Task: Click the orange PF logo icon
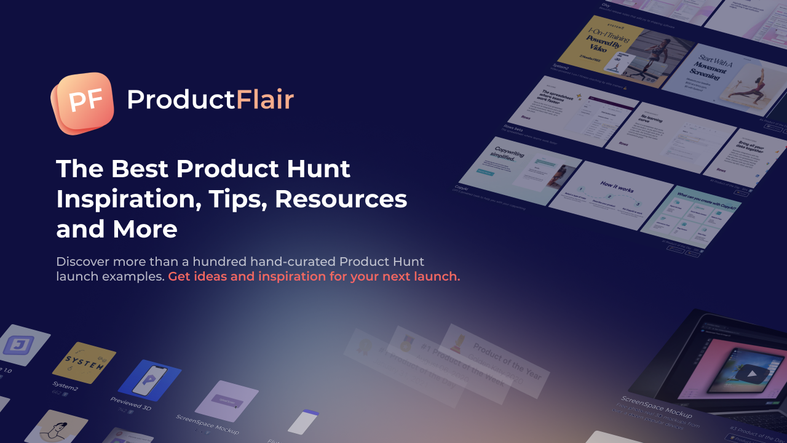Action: (83, 102)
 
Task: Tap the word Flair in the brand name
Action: (265, 100)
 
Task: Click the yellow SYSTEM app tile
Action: (84, 362)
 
